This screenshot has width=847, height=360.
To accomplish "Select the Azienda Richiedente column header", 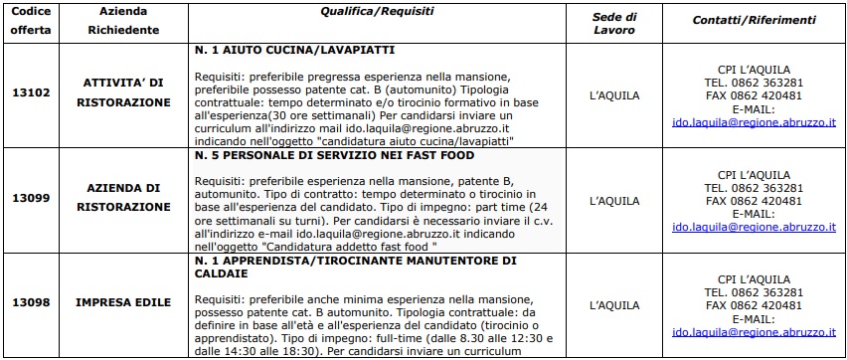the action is pyautogui.click(x=123, y=21).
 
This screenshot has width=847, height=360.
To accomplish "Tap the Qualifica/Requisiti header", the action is pyautogui.click(x=377, y=10).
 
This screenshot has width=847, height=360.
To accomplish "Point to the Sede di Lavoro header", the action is pyautogui.click(x=613, y=22).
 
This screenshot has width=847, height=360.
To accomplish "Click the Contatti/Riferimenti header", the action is pyautogui.click(x=754, y=20).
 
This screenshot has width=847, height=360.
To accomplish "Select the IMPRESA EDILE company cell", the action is pyautogui.click(x=126, y=302).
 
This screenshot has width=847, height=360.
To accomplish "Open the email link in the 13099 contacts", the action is pyautogui.click(x=754, y=227).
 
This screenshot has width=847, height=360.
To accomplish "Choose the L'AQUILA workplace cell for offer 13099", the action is pyautogui.click(x=613, y=200).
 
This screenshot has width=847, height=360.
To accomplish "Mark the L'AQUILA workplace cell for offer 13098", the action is pyautogui.click(x=613, y=303).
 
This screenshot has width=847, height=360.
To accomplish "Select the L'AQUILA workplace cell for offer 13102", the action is pyautogui.click(x=613, y=96).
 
